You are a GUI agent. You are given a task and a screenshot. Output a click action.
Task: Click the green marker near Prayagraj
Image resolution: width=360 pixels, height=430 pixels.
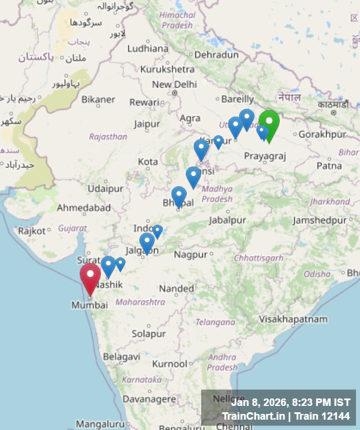tap(269, 123)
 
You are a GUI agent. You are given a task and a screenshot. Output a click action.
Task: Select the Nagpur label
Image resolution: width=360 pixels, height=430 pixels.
tap(190, 254)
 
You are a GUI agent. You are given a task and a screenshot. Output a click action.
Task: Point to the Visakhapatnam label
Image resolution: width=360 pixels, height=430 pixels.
tap(293, 319)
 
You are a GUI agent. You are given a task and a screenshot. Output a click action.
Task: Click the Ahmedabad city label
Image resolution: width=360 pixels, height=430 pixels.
tap(84, 208)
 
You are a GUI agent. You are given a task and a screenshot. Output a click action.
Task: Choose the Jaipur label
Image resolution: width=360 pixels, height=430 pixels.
tap(147, 124)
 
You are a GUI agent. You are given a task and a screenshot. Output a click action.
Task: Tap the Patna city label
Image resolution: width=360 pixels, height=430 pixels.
tap(329, 165)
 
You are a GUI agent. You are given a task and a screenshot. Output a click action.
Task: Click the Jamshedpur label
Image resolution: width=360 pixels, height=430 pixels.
tap(320, 220)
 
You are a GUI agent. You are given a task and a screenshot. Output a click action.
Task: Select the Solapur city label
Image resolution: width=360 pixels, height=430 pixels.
tap(148, 334)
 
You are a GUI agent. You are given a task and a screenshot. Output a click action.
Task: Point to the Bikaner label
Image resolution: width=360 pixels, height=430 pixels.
tap(98, 99)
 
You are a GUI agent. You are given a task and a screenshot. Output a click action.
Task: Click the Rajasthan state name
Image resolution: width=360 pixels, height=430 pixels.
tap(108, 136)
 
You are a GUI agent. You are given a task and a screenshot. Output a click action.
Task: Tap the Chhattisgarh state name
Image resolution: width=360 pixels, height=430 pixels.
tap(259, 258)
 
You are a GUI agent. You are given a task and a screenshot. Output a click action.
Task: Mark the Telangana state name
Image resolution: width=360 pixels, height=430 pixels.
tap(215, 322)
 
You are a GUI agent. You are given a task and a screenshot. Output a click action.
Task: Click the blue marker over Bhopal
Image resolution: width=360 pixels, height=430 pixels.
tap(179, 196)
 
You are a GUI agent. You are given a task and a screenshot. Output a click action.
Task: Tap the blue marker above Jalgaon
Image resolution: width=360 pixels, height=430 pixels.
tap(147, 242)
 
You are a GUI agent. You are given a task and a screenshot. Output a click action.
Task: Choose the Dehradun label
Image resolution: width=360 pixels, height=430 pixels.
tap(216, 55)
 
